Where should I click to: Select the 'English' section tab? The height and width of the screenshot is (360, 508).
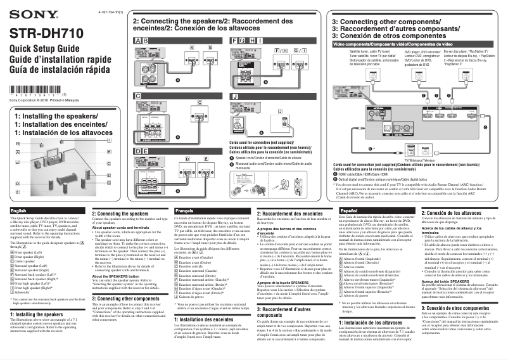19,210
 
